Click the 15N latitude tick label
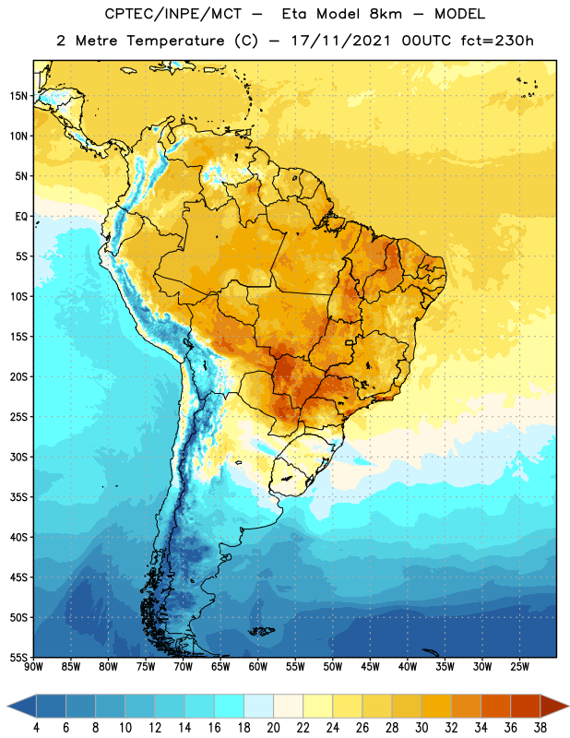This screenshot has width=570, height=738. pyautogui.click(x=18, y=96)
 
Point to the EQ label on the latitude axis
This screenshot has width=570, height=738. pyautogui.click(x=21, y=217)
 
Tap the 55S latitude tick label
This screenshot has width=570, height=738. pyautogui.click(x=18, y=657)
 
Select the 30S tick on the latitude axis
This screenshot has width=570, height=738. pyautogui.click(x=18, y=457)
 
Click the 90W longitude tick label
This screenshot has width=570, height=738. pyautogui.click(x=33, y=667)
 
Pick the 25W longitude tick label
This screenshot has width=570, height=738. pyautogui.click(x=519, y=667)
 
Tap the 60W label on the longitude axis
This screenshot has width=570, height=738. pyautogui.click(x=258, y=667)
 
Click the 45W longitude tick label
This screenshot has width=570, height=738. pyautogui.click(x=370, y=667)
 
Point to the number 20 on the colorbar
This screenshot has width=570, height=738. pyautogui.click(x=273, y=728)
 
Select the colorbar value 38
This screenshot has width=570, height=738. pyautogui.click(x=540, y=728)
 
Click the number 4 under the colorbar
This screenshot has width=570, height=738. pyautogui.click(x=36, y=728)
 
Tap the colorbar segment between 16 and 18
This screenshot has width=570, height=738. pyautogui.click(x=229, y=706)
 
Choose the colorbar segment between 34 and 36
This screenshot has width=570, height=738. pyautogui.click(x=495, y=706)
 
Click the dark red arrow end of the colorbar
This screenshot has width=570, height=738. pyautogui.click(x=553, y=706)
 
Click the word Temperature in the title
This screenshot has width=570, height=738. pyautogui.click(x=175, y=41)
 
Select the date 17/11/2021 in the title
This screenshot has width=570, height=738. pyautogui.click(x=340, y=41)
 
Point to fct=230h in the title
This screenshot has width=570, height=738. pyautogui.click(x=497, y=41)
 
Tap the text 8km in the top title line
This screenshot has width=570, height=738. pyautogui.click(x=386, y=14)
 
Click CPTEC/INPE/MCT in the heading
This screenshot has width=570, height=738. pyautogui.click(x=172, y=14)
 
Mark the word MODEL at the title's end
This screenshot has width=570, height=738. pyautogui.click(x=459, y=14)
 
